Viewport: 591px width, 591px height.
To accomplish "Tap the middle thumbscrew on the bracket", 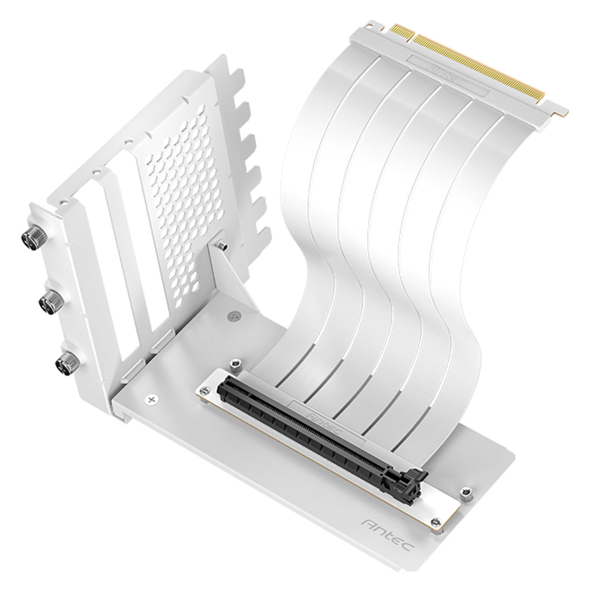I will tap(51, 300).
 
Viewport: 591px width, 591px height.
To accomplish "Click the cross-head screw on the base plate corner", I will tap(152, 399).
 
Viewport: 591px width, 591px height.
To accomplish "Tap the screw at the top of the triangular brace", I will tap(222, 246).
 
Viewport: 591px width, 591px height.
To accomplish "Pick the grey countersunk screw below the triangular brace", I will tap(233, 316).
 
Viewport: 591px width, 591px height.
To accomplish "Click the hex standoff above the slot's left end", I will tap(234, 364).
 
